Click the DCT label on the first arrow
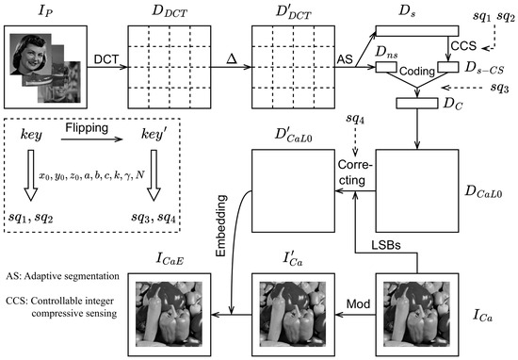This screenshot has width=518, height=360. [x=106, y=59]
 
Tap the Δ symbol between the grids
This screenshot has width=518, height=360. [x=232, y=58]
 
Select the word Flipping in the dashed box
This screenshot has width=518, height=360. [x=87, y=128]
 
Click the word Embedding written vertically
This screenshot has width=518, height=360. [x=221, y=226]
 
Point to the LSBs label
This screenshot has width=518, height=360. [x=386, y=245]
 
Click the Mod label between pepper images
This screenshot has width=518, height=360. [x=358, y=303]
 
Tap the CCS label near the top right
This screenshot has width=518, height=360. [x=463, y=45]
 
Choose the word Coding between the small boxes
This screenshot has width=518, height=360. [x=417, y=72]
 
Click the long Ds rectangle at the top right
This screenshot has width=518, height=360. [x=417, y=31]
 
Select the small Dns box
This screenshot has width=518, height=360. [x=386, y=67]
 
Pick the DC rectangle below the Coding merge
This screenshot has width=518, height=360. [x=417, y=103]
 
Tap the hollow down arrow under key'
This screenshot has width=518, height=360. [x=154, y=175]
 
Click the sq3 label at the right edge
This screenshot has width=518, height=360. [x=499, y=88]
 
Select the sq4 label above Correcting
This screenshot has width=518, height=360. [x=355, y=119]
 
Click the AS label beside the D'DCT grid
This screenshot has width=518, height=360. [x=345, y=59]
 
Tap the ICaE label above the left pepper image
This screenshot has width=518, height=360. [x=170, y=259]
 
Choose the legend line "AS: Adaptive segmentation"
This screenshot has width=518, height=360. [x=62, y=276]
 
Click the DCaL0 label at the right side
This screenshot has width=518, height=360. [x=483, y=191]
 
